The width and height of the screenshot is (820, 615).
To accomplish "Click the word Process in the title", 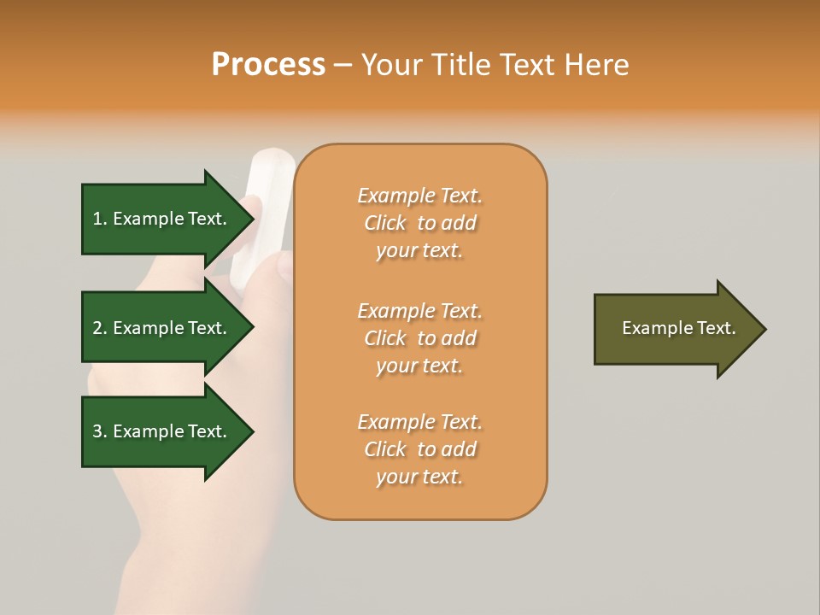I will click(268, 65).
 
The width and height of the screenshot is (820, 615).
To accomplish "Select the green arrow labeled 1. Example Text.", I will click(162, 219).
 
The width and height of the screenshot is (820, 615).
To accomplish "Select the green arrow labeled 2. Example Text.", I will click(162, 328).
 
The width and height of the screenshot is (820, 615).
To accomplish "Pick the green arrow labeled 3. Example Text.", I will click(162, 431).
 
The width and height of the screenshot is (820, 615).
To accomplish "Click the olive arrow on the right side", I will click(675, 329).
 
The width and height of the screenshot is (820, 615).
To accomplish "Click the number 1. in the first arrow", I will click(100, 220).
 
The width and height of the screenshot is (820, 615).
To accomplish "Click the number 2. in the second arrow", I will click(100, 329).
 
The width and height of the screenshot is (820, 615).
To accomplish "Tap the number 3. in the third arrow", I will click(100, 432).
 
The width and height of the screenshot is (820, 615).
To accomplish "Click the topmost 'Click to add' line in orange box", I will click(420, 224).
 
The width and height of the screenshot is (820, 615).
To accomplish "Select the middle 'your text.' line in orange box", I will click(419, 366).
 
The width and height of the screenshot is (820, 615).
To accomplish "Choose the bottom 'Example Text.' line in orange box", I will click(419, 422).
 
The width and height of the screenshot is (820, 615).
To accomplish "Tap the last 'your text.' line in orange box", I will click(419, 477).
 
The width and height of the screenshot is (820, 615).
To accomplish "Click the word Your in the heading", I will click(391, 65).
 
